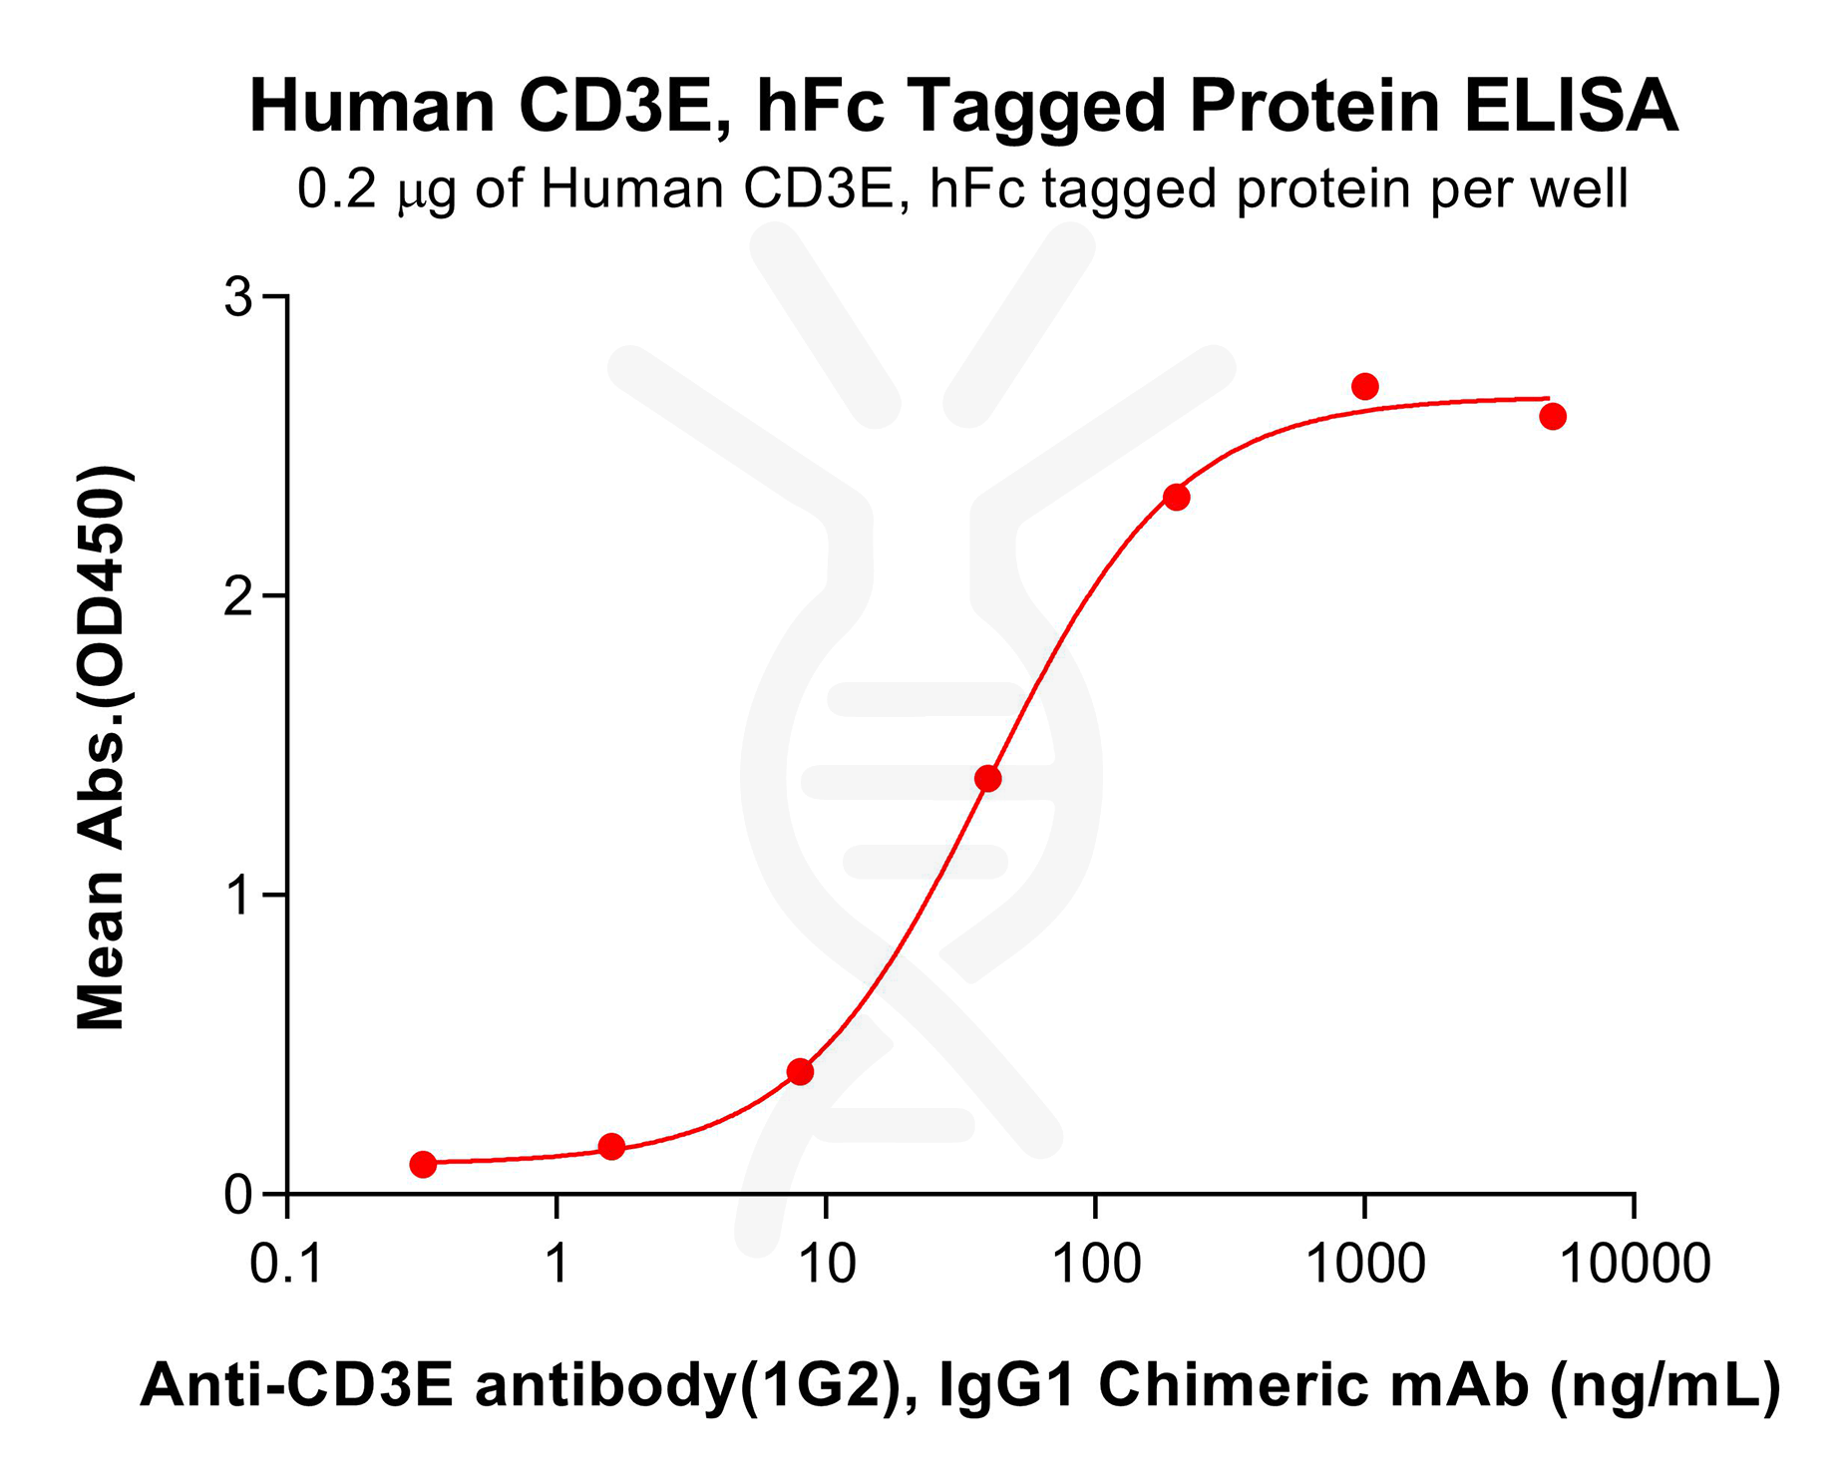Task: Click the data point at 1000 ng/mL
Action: click(1364, 386)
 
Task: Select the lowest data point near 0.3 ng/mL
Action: click(423, 1164)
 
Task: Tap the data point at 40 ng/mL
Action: click(987, 779)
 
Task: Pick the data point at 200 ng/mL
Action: click(1177, 497)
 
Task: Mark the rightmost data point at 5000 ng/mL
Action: click(1552, 417)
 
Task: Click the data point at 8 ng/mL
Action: click(800, 1072)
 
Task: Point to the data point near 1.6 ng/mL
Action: click(611, 1147)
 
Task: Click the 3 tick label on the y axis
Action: click(237, 297)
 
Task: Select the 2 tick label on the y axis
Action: click(237, 596)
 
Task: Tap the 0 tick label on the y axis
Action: click(237, 1195)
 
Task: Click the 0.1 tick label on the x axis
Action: click(286, 1265)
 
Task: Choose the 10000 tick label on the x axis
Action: click(1634, 1265)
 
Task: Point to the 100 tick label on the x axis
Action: click(1095, 1265)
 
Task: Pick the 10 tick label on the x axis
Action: click(826, 1265)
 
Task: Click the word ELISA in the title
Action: click(1571, 106)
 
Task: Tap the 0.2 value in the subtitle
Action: click(337, 189)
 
